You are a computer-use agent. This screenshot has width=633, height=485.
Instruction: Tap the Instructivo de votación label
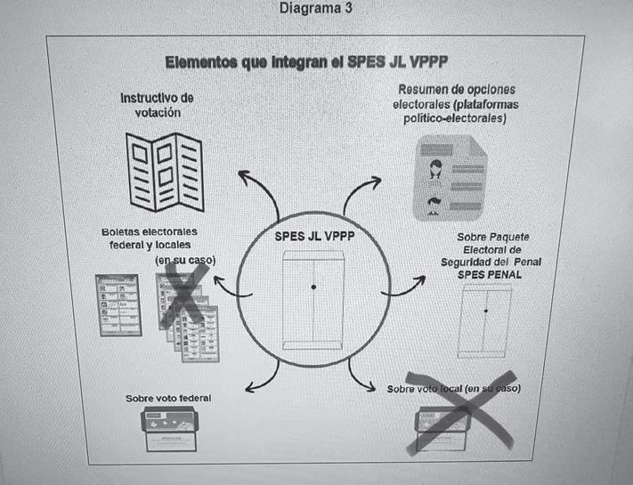coord(157,104)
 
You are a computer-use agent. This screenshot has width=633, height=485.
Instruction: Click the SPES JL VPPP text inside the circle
coord(312,237)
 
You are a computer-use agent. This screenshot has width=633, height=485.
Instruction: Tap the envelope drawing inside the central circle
coord(312,298)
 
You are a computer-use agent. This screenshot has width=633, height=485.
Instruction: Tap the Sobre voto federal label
coord(168,398)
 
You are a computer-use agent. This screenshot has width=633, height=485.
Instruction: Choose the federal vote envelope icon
coord(172,431)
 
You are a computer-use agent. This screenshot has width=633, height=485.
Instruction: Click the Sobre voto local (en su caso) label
coord(454,390)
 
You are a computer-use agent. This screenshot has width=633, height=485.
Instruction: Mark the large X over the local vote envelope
coord(459,412)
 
